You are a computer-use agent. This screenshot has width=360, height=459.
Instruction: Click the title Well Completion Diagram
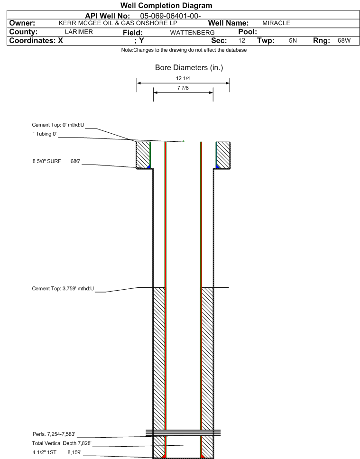tap(166, 6)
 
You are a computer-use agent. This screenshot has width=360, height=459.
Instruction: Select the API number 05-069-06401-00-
tap(170, 16)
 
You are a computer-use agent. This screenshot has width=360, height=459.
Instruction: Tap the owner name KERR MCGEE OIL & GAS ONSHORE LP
tap(118, 23)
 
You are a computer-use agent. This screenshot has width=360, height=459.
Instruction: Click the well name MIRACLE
tap(276, 23)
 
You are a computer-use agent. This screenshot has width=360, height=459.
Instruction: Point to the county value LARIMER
tap(79, 32)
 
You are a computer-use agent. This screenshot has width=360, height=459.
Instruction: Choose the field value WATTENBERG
tap(192, 33)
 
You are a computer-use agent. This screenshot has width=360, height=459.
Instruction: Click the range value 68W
tap(344, 40)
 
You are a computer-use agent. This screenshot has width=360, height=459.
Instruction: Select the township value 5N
tap(293, 40)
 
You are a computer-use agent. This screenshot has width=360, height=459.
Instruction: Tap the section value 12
tap(241, 40)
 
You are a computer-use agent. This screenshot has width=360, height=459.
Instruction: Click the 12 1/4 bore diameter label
tap(183, 78)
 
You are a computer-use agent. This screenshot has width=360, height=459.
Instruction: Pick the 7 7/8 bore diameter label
tap(183, 88)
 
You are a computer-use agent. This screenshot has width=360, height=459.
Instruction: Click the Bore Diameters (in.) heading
tap(189, 68)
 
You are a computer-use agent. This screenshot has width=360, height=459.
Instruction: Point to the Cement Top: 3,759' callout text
tap(63, 289)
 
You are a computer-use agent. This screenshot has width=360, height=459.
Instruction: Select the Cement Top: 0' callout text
tap(58, 125)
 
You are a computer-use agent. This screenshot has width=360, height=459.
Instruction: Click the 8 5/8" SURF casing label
tap(47, 161)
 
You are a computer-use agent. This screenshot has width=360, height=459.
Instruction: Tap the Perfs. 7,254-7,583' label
tap(54, 434)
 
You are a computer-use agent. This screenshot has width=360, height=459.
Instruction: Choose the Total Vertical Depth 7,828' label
tap(62, 443)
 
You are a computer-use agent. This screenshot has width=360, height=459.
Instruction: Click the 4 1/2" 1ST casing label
tap(45, 452)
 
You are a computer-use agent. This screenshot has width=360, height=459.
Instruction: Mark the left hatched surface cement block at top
tap(143, 155)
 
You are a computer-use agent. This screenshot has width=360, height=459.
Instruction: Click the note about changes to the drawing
tap(184, 50)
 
